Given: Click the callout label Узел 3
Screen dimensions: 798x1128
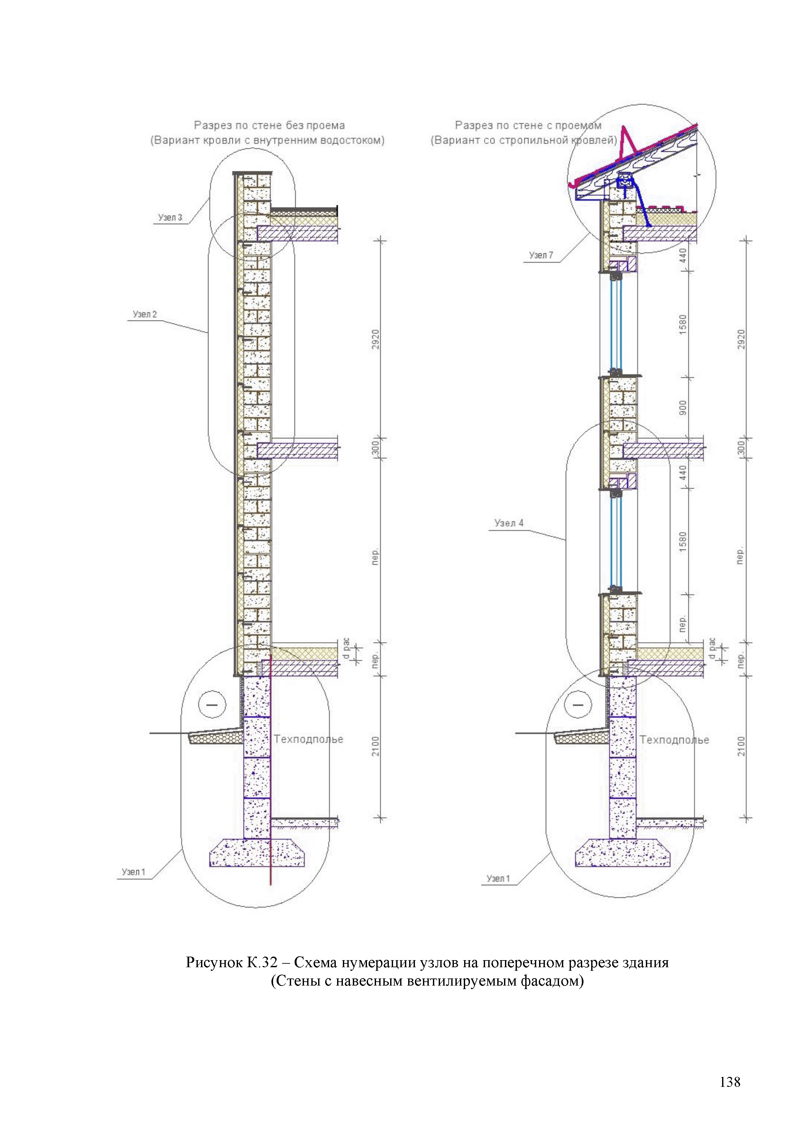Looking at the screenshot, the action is pyautogui.click(x=170, y=217).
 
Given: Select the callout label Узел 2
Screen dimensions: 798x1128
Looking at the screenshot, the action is pyautogui.click(x=144, y=314).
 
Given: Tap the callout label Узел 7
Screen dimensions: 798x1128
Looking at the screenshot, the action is pyautogui.click(x=541, y=255).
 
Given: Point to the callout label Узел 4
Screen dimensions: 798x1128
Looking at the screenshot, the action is pyautogui.click(x=509, y=523).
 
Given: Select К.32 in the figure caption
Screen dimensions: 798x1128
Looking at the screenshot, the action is pyautogui.click(x=260, y=962).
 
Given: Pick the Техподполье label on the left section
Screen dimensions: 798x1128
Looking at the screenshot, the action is pyautogui.click(x=308, y=739).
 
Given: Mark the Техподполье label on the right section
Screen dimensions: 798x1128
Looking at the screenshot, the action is pyautogui.click(x=674, y=740).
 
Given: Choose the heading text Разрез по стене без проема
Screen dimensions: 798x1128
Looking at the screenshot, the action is pyautogui.click(x=269, y=125).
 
